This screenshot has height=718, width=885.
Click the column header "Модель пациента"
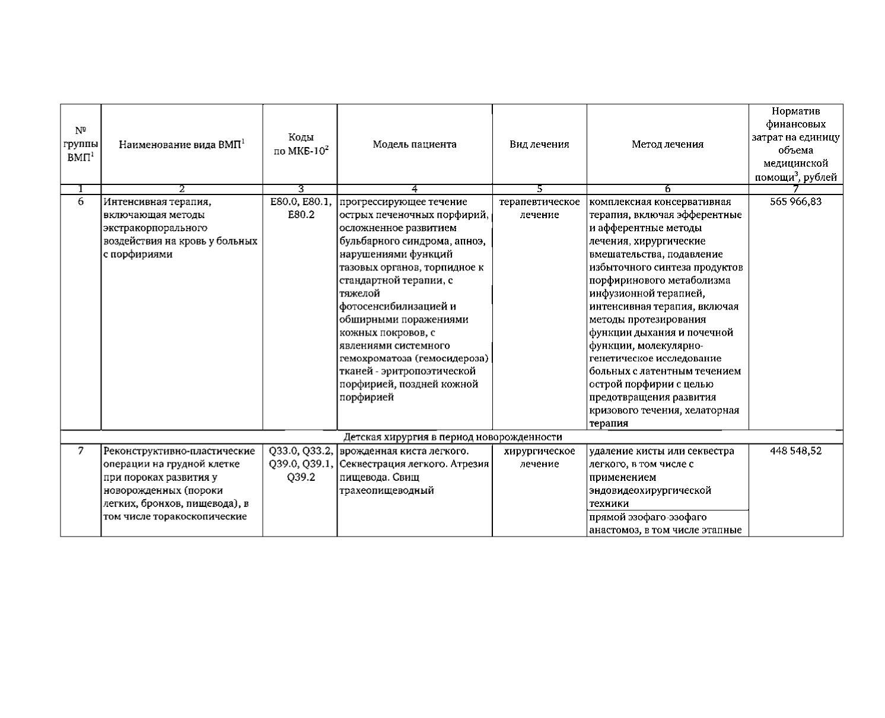click(415, 144)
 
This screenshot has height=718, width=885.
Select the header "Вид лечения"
click(539, 144)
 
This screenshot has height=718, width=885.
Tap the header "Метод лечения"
click(667, 144)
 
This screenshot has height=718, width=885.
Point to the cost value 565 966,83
click(795, 202)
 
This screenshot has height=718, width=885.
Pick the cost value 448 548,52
click(795, 451)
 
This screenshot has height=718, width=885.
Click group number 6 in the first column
click(81, 202)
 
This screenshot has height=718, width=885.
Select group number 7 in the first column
click(81, 451)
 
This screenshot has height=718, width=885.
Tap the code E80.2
click(300, 215)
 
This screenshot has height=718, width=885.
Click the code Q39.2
click(300, 477)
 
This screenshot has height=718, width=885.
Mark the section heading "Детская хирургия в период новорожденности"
click(453, 437)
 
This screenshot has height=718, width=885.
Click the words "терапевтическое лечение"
click(539, 208)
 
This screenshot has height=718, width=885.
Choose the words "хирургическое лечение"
click(539, 457)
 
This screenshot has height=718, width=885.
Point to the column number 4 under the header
click(415, 189)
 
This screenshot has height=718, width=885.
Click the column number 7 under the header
click(795, 189)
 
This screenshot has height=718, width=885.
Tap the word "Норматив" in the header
click(795, 111)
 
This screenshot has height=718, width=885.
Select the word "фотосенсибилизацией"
click(397, 307)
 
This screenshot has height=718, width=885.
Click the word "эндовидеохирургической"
click(650, 490)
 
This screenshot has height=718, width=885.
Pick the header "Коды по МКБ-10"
click(300, 144)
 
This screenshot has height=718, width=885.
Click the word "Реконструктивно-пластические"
click(179, 451)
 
